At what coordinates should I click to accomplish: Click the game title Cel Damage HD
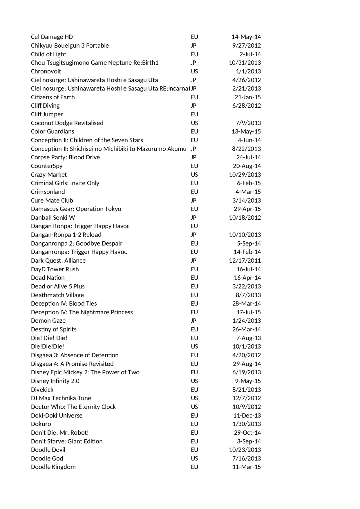pos(52,37)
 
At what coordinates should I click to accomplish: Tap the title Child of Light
pos(48,54)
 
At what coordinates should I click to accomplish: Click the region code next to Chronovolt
pos(194,71)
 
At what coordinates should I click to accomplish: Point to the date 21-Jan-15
pos(247,97)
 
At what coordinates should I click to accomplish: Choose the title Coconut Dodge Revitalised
pos(67,123)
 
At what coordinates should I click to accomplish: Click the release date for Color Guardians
pos(246,131)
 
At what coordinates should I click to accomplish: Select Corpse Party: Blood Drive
pos(65,157)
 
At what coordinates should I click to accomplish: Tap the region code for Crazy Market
pos(194,175)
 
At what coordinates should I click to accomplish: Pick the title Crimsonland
pos(48,192)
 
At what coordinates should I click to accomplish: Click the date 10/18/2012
pos(245,218)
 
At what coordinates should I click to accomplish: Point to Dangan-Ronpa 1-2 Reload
pos(66,235)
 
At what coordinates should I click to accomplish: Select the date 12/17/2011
pos(245,261)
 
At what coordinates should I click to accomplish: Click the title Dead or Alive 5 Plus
pos(58,286)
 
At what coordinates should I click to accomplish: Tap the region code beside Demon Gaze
pos(193,321)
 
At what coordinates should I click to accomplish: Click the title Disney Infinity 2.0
pos(55,381)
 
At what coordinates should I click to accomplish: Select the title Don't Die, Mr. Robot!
pos(60,433)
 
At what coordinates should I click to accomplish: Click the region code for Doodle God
pos(194,459)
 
